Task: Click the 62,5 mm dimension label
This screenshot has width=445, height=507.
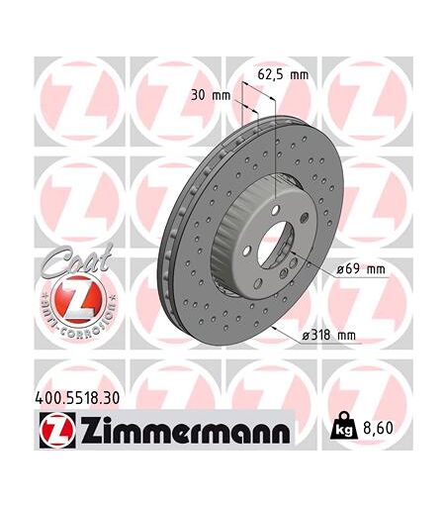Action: [283, 75]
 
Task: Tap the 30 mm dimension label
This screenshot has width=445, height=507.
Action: [211, 95]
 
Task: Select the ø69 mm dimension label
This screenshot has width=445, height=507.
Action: [361, 269]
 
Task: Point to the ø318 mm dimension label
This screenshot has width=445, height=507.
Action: [329, 336]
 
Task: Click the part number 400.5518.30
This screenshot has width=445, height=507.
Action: [77, 398]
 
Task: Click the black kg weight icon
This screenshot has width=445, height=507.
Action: [343, 427]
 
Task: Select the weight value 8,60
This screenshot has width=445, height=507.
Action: [378, 428]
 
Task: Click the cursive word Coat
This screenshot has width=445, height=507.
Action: [76, 260]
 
